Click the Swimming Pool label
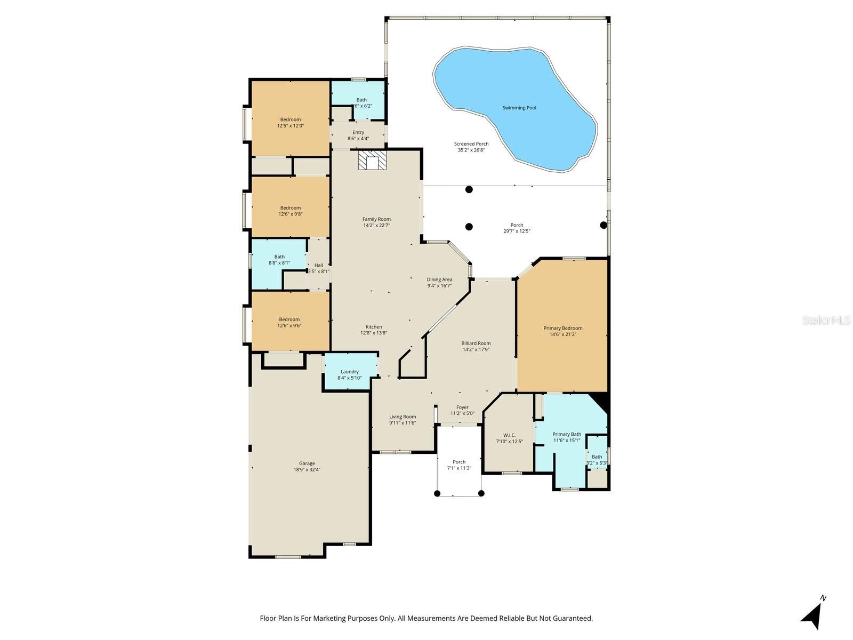(x=519, y=108)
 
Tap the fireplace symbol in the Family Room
(x=371, y=160)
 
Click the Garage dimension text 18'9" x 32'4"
(x=307, y=470)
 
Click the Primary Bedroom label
(x=562, y=328)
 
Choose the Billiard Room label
(x=476, y=343)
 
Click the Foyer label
(x=462, y=407)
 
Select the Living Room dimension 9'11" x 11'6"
(x=403, y=423)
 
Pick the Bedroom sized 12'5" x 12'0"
(x=290, y=123)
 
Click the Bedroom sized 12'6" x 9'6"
(x=289, y=322)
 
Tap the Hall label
(x=318, y=265)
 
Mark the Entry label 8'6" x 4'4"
(x=358, y=138)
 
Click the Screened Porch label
(x=471, y=144)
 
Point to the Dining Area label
(x=439, y=279)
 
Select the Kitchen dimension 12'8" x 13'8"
(x=374, y=333)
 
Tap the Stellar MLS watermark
(x=827, y=320)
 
